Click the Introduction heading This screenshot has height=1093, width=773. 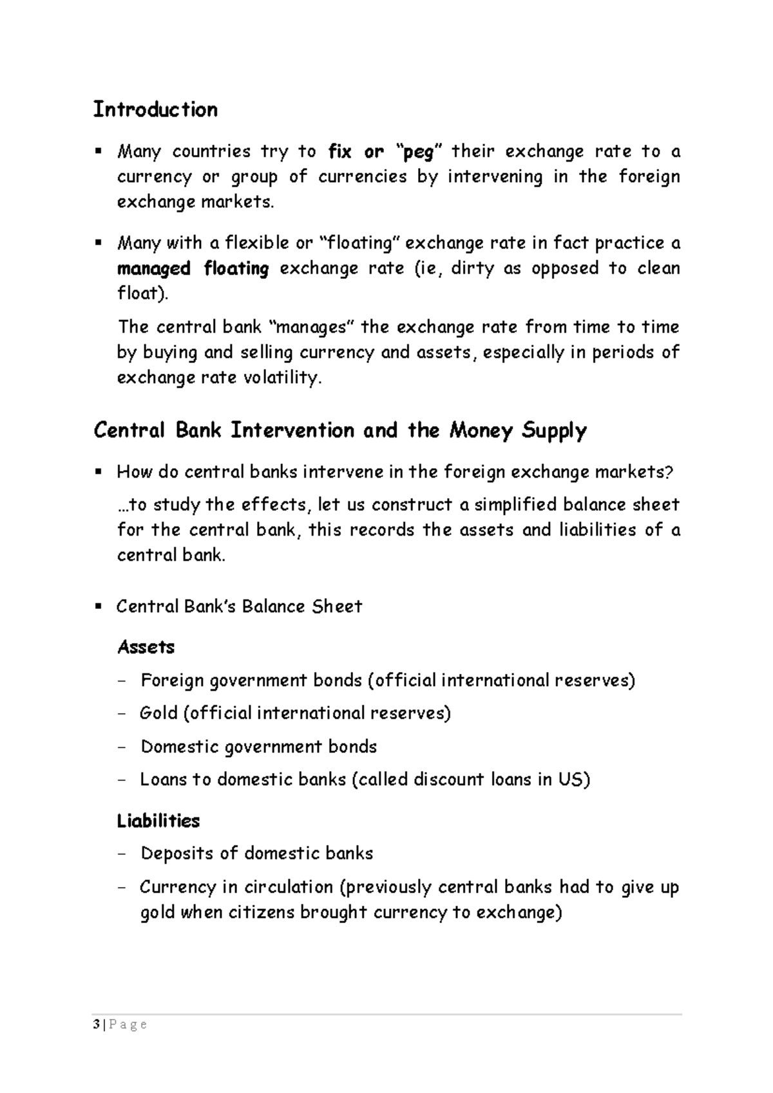pos(155,109)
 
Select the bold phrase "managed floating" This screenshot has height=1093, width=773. pos(193,268)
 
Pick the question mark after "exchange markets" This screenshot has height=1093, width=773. pos(669,472)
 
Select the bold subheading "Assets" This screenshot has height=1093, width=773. pos(146,647)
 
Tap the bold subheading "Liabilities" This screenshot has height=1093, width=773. pos(158,821)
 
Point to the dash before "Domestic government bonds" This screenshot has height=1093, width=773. pos(123,747)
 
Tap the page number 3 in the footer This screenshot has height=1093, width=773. pos(96,1025)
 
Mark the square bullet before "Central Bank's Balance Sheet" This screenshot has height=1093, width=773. pos(99,606)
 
